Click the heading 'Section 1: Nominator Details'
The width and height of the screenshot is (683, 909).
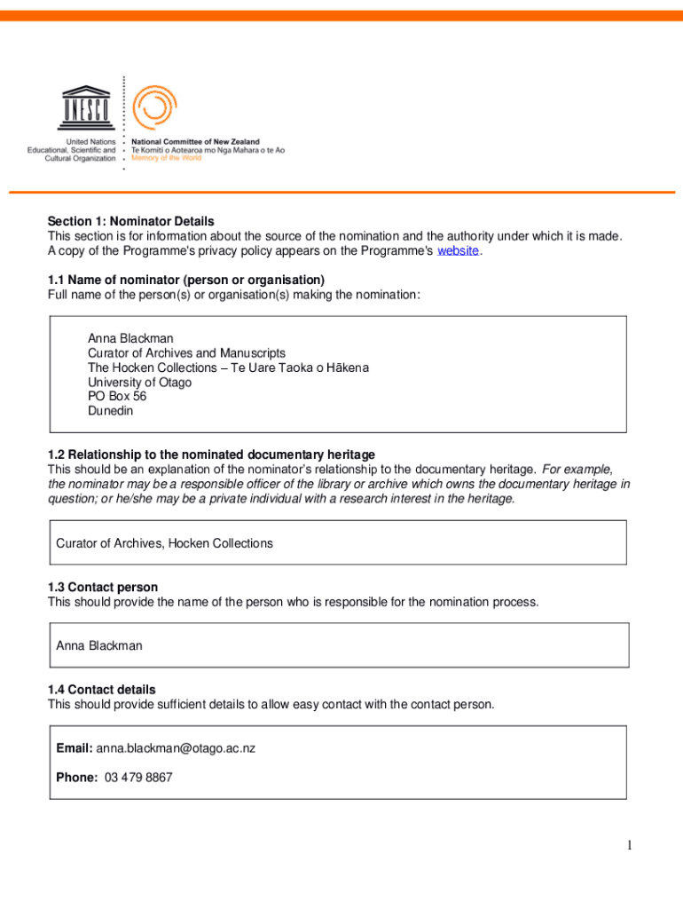tap(131, 221)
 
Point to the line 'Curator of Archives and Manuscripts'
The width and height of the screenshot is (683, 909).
tap(186, 353)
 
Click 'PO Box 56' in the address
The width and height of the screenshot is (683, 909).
tap(117, 397)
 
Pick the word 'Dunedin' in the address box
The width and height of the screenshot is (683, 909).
tap(111, 411)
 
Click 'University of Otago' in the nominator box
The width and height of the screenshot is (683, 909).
tap(139, 383)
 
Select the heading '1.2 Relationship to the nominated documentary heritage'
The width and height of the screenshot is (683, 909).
tap(211, 454)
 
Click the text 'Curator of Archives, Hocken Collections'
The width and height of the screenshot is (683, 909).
tap(164, 543)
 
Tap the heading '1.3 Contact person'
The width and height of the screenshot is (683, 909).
tap(103, 587)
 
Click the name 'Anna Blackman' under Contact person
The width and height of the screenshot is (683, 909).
tap(98, 645)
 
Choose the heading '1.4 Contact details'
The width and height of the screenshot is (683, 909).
tap(102, 689)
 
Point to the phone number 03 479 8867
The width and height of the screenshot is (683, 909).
tap(138, 778)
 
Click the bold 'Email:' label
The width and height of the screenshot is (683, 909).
tap(75, 748)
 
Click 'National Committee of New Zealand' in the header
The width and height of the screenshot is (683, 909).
tap(195, 142)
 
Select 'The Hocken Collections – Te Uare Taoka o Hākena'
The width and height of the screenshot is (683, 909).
tap(228, 368)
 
